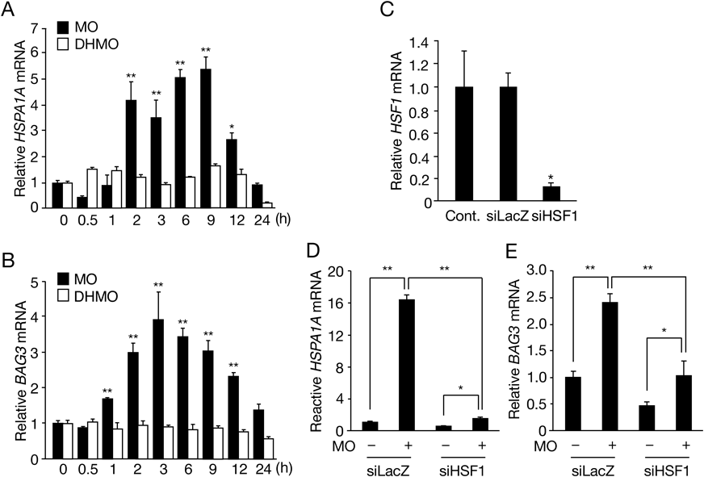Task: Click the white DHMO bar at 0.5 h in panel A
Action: point(92,188)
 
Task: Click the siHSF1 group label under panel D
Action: point(460,469)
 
